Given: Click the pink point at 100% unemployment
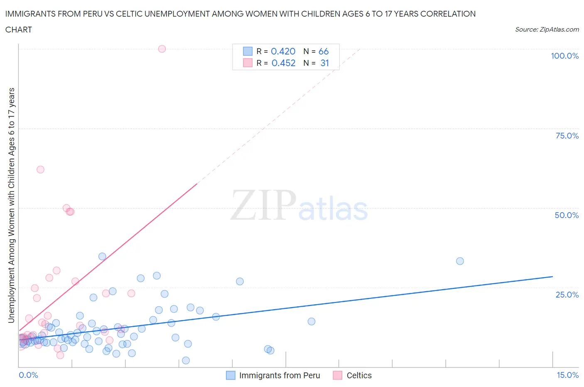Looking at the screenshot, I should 162,49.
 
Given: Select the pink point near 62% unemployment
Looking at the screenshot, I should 40,169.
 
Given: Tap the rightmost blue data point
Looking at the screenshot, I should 460,261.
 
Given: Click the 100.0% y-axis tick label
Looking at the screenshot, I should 564,56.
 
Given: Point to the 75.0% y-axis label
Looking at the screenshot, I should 567,136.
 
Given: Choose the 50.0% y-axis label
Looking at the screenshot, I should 567,215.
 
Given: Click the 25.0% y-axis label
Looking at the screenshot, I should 567,295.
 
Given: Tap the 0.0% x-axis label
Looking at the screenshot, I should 28,375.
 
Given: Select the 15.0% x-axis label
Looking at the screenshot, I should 567,375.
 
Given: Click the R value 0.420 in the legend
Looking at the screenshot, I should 283,51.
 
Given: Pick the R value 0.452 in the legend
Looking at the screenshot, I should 283,63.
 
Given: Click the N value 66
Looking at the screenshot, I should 324,51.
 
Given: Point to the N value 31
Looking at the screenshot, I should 324,63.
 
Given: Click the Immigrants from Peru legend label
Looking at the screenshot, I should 280,375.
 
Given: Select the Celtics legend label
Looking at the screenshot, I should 359,375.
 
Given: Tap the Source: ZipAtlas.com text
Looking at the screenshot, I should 547,29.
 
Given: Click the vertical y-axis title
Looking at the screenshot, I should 11,205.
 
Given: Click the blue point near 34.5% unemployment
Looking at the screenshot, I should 102,256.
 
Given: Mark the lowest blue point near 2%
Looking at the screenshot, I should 186,360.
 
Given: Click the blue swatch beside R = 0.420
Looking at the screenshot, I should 248,51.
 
